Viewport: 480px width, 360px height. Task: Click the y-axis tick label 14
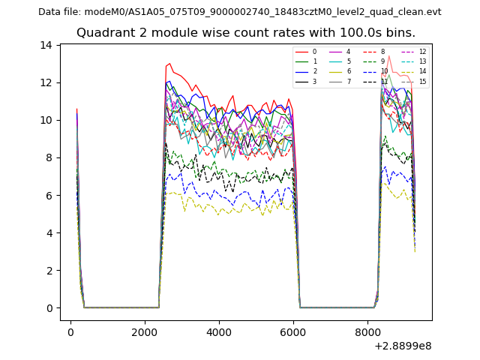pos(46,45)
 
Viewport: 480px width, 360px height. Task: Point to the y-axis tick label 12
pos(46,82)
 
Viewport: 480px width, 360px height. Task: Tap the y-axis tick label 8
pos(49,157)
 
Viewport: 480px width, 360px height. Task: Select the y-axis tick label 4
pos(49,232)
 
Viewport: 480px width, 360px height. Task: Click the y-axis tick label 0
pos(49,308)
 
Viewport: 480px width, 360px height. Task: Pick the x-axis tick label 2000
pos(145,332)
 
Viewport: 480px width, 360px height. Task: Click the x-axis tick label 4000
pos(219,332)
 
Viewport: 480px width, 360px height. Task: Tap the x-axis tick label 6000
pos(293,332)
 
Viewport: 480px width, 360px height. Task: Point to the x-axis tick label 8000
pos(367,332)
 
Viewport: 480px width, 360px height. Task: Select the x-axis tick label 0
pos(70,332)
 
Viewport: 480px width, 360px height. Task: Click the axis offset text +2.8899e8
pos(402,346)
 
